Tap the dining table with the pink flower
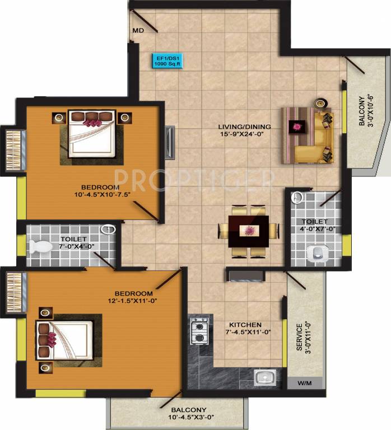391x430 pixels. click(x=249, y=231)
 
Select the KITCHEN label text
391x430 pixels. click(x=245, y=325)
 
